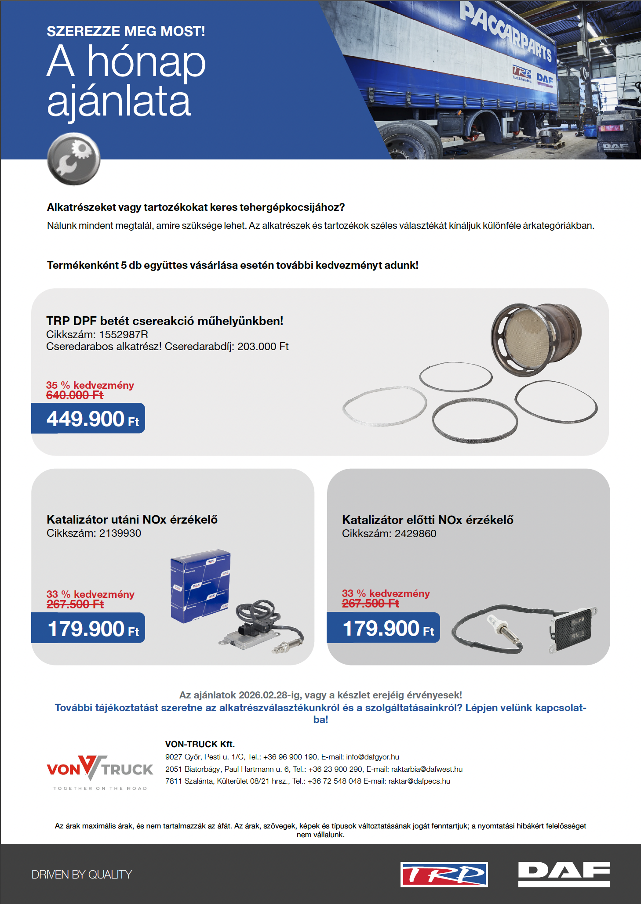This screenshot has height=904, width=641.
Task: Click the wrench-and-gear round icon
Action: pyautogui.click(x=74, y=159)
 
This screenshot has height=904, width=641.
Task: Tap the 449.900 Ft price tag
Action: pyautogui.click(x=88, y=419)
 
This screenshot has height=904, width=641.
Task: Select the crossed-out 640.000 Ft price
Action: pyautogui.click(x=75, y=395)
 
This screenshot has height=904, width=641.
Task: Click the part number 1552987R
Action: pyautogui.click(x=124, y=334)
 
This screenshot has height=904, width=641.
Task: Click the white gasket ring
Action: pyautogui.click(x=385, y=406)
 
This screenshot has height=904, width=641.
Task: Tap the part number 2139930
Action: pyautogui.click(x=120, y=533)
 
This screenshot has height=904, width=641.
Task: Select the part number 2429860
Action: pyautogui.click(x=415, y=534)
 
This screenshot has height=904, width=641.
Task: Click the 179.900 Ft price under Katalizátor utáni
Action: pyautogui.click(x=88, y=629)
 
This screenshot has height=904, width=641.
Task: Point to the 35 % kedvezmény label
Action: pyautogui.click(x=90, y=385)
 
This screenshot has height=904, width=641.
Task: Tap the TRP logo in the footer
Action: pyautogui.click(x=444, y=874)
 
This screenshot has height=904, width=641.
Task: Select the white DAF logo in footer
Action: pyautogui.click(x=564, y=874)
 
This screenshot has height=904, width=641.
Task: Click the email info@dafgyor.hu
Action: pyautogui.click(x=372, y=757)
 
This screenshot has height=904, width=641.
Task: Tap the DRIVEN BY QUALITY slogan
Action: pyautogui.click(x=82, y=875)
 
